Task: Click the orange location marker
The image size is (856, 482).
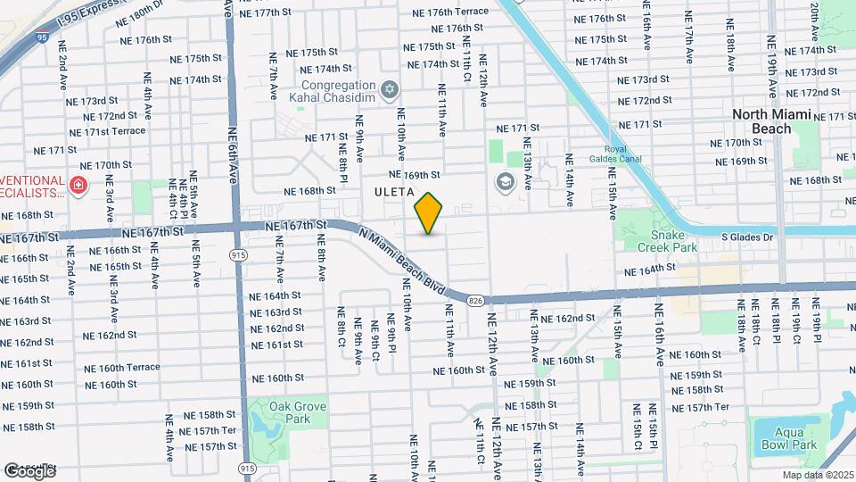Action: click(x=429, y=213)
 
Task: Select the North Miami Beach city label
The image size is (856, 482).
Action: click(x=761, y=121)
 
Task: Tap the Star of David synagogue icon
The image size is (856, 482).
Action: click(x=388, y=89)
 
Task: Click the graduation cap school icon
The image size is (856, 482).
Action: click(x=505, y=182)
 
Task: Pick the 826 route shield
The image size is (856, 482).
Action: click(x=476, y=300)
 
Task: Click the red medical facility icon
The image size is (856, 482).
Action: click(x=78, y=186)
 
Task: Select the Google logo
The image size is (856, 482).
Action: click(x=29, y=470)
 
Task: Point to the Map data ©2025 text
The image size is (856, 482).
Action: click(x=819, y=475)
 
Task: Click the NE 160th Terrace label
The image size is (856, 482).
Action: click(x=122, y=368)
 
